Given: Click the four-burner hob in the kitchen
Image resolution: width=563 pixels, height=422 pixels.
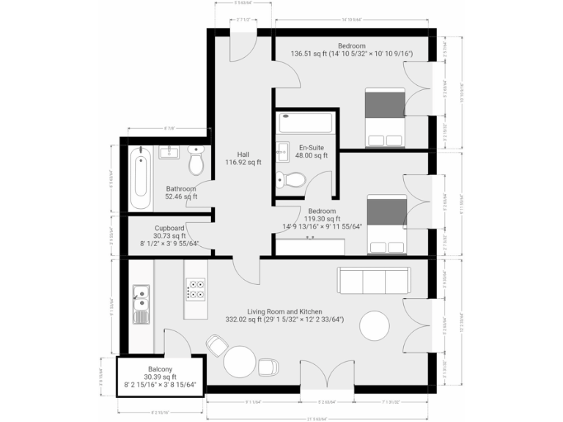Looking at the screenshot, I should click(x=195, y=289).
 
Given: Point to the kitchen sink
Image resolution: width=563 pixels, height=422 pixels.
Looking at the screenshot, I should click(x=141, y=302).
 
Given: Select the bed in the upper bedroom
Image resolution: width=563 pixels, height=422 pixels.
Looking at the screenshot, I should click(x=386, y=117).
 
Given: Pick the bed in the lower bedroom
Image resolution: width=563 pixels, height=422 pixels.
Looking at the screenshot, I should click(x=386, y=224).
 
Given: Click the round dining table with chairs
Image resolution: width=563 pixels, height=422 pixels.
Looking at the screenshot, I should click(x=240, y=360).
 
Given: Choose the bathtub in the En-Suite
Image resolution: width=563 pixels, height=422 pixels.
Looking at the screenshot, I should click(x=303, y=122).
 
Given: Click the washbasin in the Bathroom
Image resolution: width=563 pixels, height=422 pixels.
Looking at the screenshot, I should click(x=169, y=152).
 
